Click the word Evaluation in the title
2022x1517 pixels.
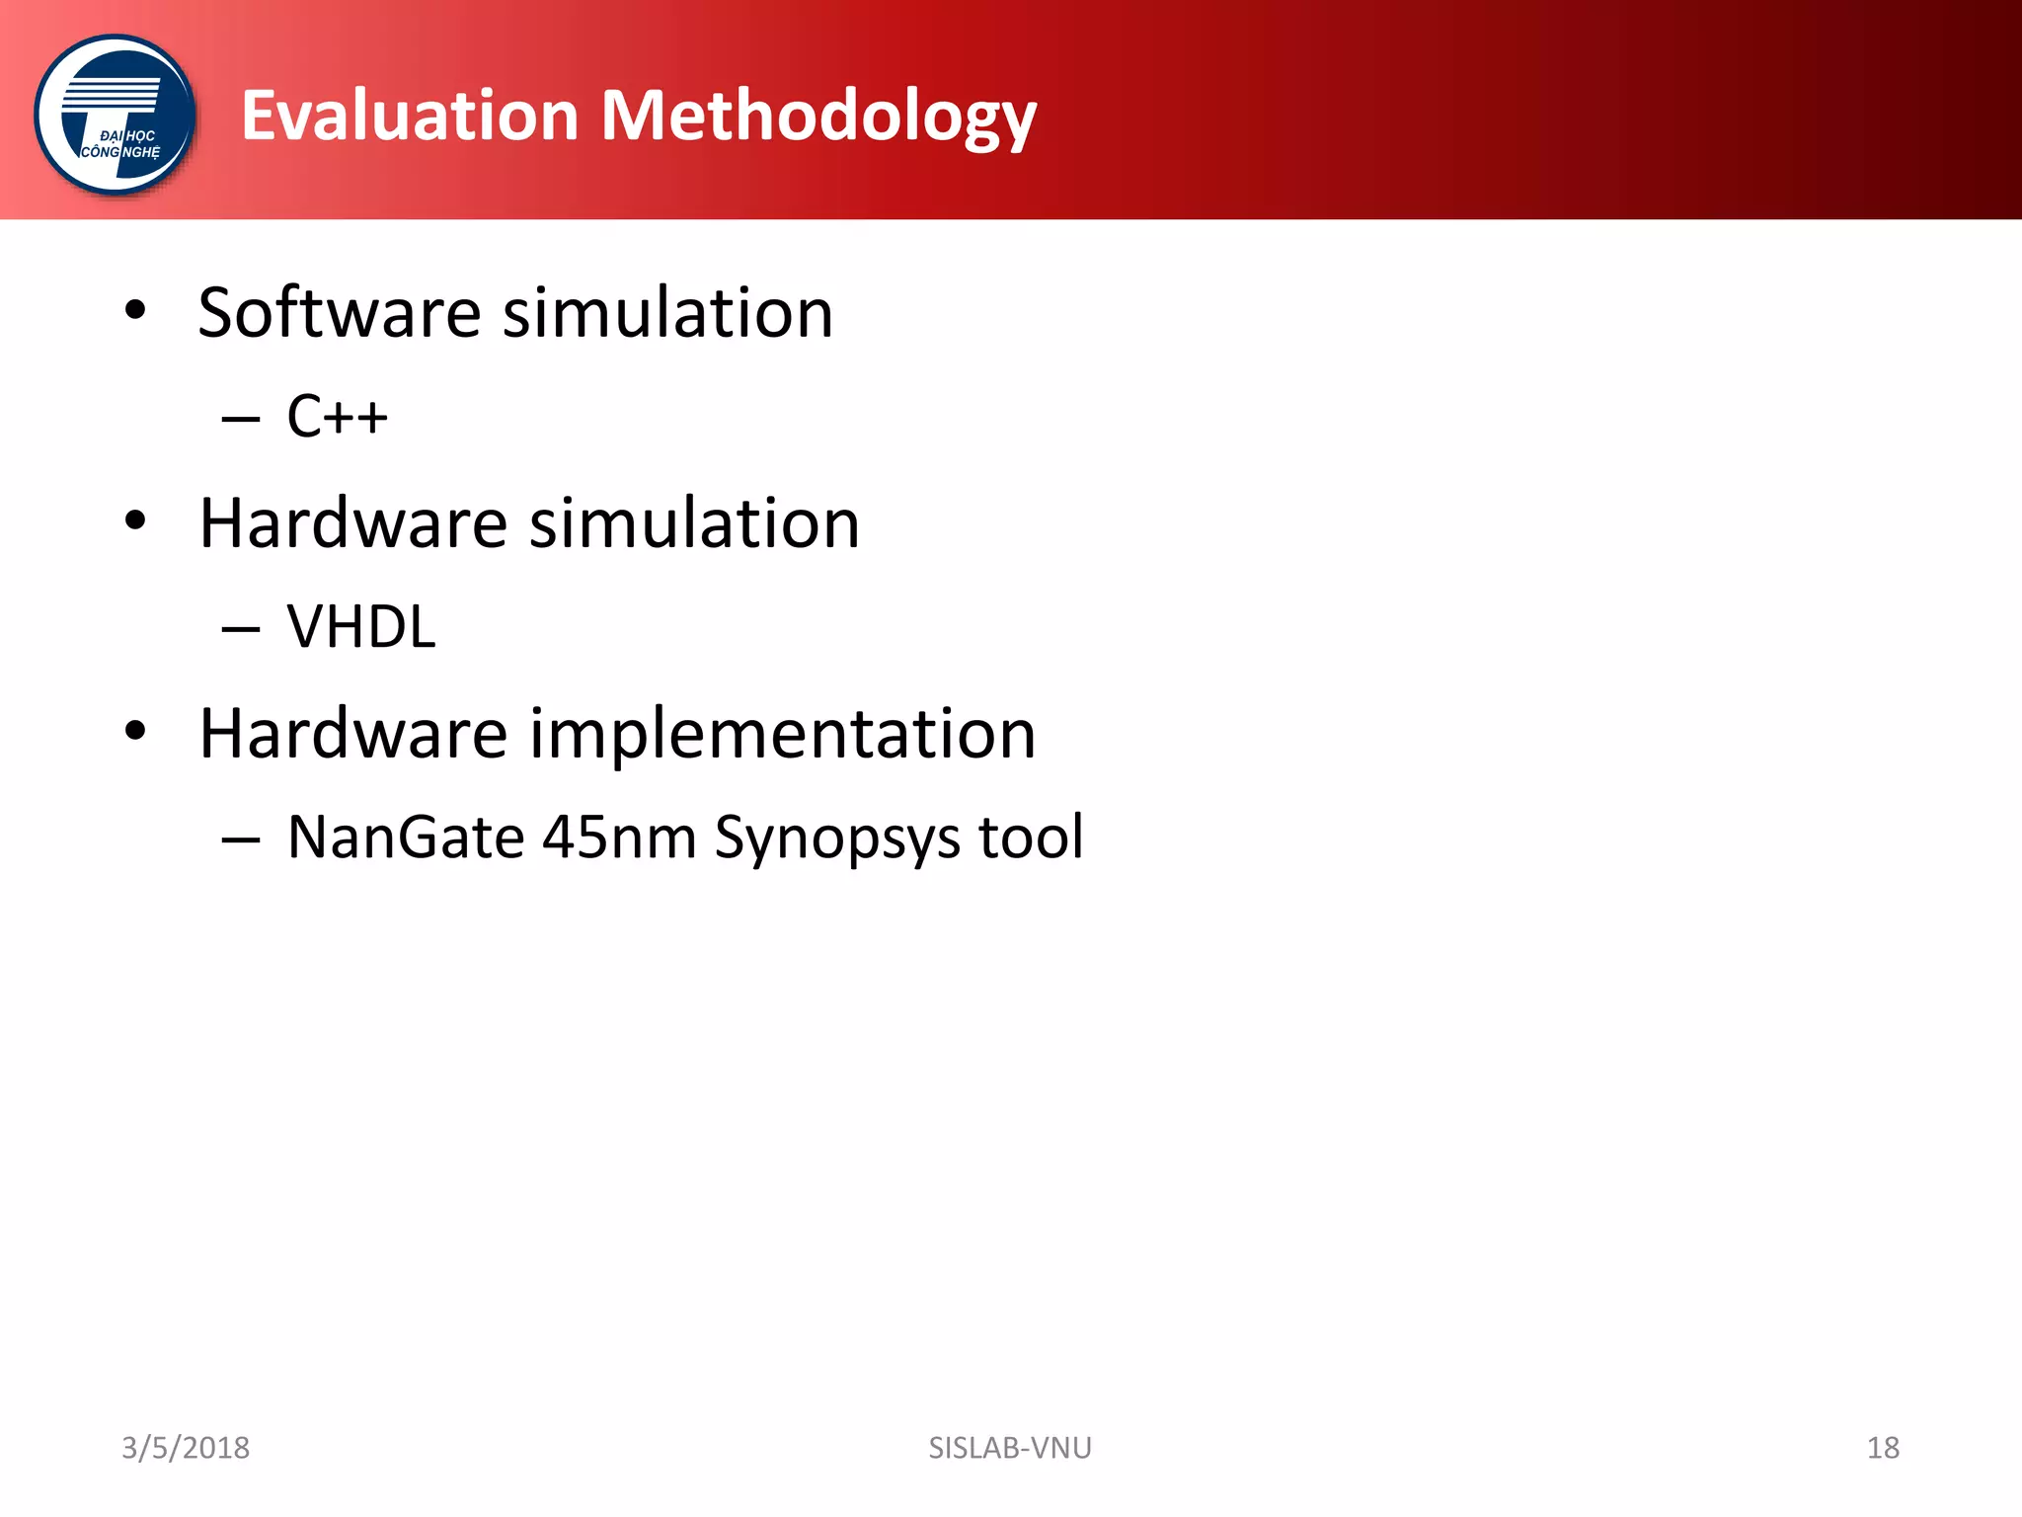coord(410,116)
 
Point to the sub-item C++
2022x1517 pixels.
coord(337,416)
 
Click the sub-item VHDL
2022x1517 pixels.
coord(360,627)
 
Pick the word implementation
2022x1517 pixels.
coord(782,736)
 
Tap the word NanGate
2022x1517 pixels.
coord(406,838)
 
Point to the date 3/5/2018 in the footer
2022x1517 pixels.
coord(185,1448)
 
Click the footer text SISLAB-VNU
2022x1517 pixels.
coord(1010,1448)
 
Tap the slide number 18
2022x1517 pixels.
coord(1883,1448)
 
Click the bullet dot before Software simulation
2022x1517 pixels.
coord(135,311)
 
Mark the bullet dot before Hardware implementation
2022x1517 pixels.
coord(135,731)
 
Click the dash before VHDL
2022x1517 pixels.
coord(241,629)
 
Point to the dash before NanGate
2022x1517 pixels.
coord(241,840)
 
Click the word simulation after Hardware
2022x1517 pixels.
coord(694,523)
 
